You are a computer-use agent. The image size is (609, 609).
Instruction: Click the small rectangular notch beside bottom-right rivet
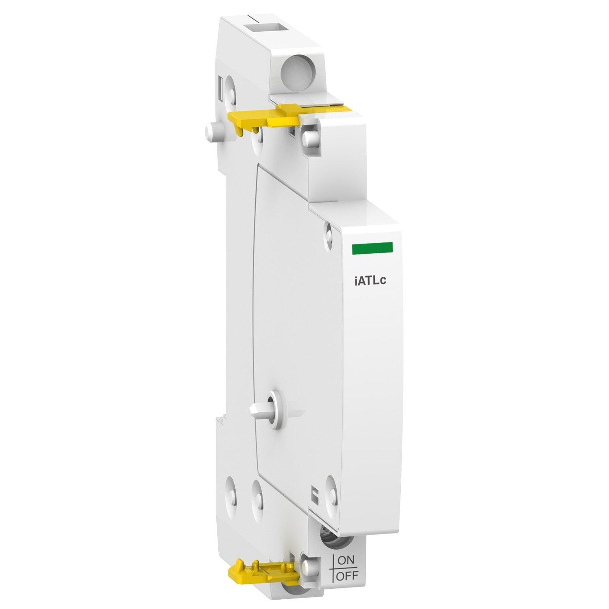313,495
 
